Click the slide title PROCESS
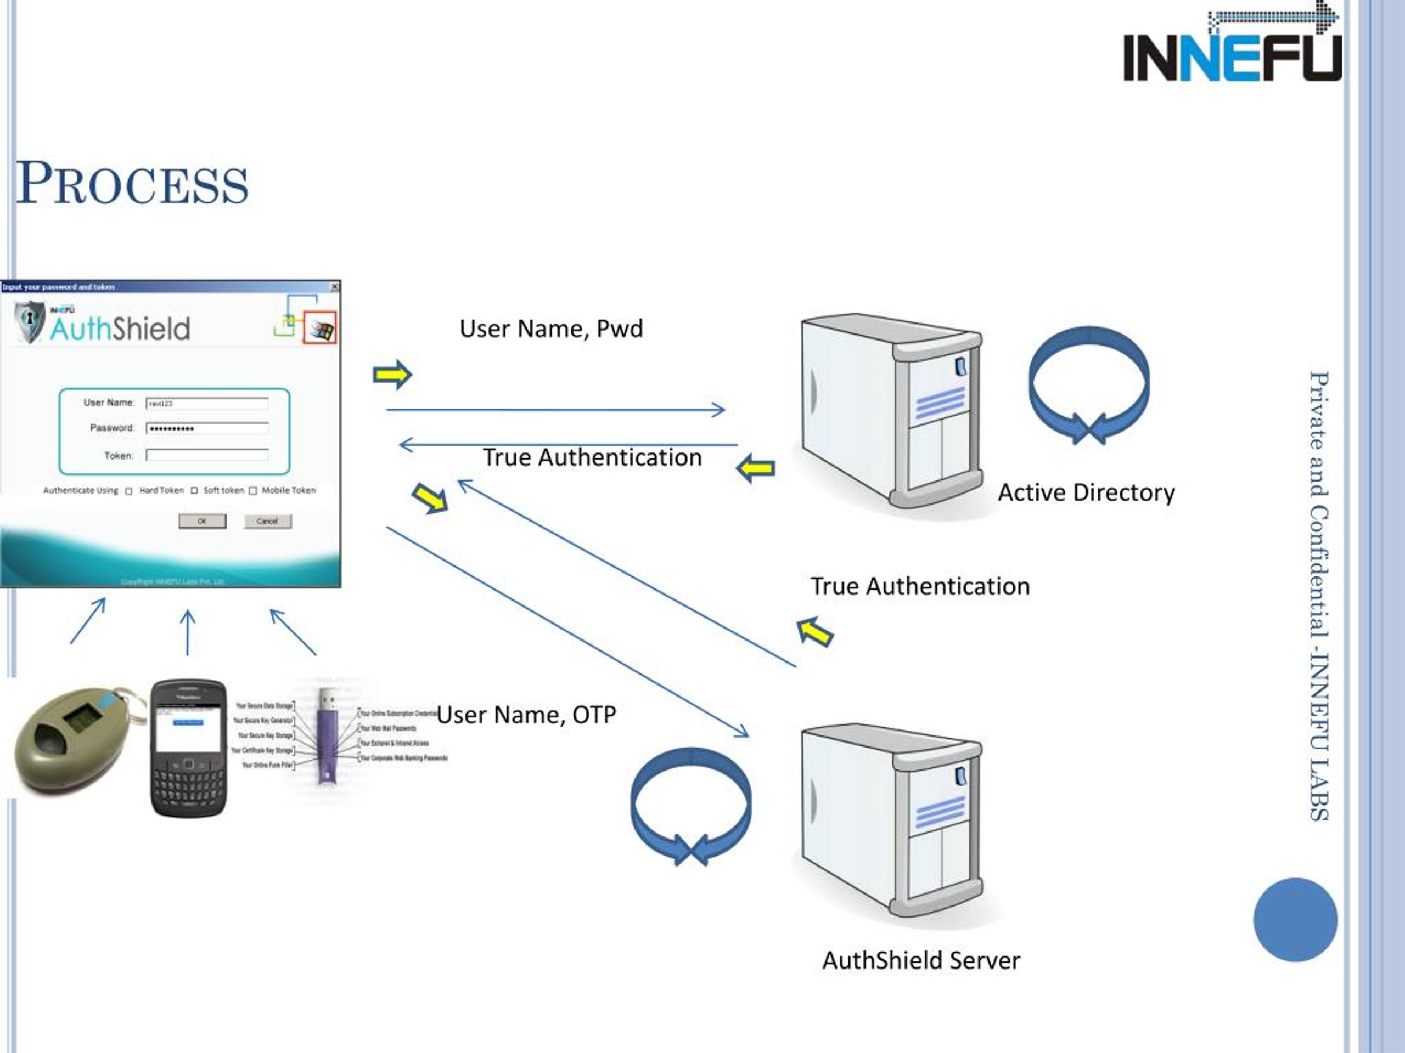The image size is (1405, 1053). (132, 184)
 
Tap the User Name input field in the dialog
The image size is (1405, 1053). (207, 403)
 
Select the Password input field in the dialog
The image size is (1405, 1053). (207, 428)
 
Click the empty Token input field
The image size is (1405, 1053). (207, 455)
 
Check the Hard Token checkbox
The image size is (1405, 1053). (129, 491)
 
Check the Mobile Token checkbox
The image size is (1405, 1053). (253, 491)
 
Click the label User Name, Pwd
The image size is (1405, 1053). (550, 329)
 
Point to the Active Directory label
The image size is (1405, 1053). (1086, 492)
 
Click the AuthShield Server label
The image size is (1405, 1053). (921, 960)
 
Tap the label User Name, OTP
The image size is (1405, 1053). (526, 715)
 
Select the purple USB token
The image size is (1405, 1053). (327, 736)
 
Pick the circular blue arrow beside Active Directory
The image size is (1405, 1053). (1089, 384)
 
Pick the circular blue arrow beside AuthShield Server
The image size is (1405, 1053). (691, 805)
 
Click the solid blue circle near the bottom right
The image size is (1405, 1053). (1295, 919)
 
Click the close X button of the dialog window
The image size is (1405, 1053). (335, 287)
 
